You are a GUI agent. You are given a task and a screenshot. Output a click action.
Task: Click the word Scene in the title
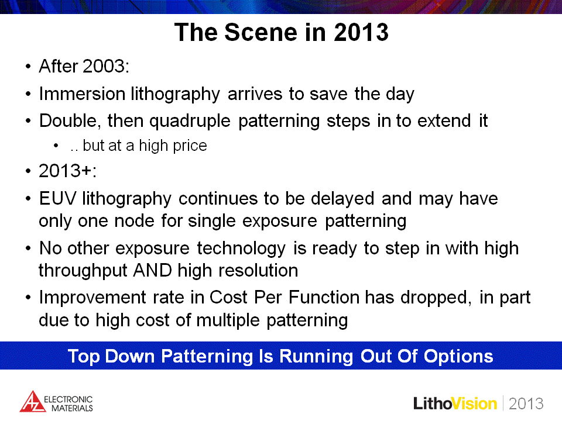(x=261, y=32)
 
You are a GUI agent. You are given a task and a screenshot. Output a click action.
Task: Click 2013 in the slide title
(x=361, y=32)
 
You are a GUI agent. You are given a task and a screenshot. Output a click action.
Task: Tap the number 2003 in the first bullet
(x=104, y=66)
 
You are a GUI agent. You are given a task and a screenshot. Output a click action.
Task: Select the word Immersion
(x=82, y=94)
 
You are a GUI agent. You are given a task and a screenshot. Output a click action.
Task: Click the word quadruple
(x=190, y=121)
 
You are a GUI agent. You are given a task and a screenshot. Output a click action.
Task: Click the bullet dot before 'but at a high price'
(x=56, y=146)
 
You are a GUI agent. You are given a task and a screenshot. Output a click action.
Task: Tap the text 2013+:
(x=67, y=170)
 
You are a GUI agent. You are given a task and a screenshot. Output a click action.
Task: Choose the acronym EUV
(x=57, y=198)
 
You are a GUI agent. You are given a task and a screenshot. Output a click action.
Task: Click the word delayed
(x=342, y=198)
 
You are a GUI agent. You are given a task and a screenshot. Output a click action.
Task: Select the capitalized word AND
(x=152, y=270)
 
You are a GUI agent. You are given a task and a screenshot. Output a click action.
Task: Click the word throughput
(x=83, y=271)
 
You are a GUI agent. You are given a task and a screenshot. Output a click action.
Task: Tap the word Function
(x=324, y=297)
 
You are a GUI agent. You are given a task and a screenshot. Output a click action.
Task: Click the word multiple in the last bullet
(x=228, y=320)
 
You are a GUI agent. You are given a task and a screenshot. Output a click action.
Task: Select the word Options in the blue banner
(x=458, y=357)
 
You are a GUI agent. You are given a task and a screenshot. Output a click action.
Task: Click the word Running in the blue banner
(x=316, y=357)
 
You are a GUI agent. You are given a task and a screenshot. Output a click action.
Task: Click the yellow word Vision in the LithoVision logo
(x=475, y=404)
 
